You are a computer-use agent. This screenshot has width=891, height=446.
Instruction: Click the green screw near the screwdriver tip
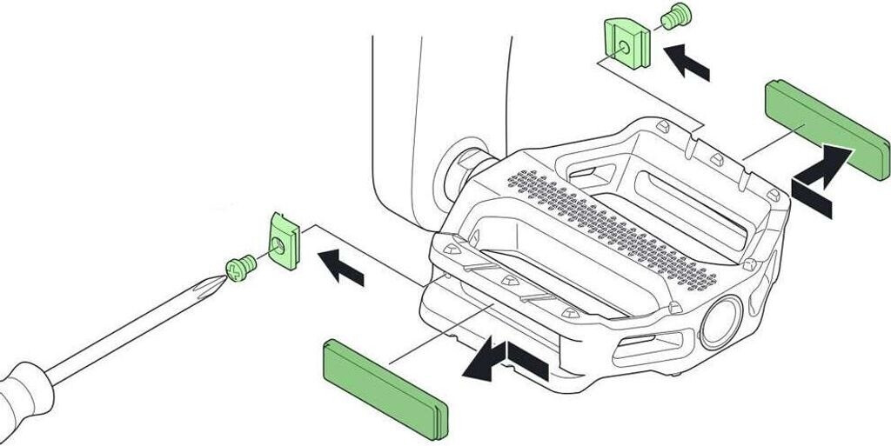(x=238, y=267)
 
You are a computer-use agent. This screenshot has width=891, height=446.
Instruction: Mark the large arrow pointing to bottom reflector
(x=505, y=362)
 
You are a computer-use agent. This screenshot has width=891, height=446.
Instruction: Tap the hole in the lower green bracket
(x=283, y=247)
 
